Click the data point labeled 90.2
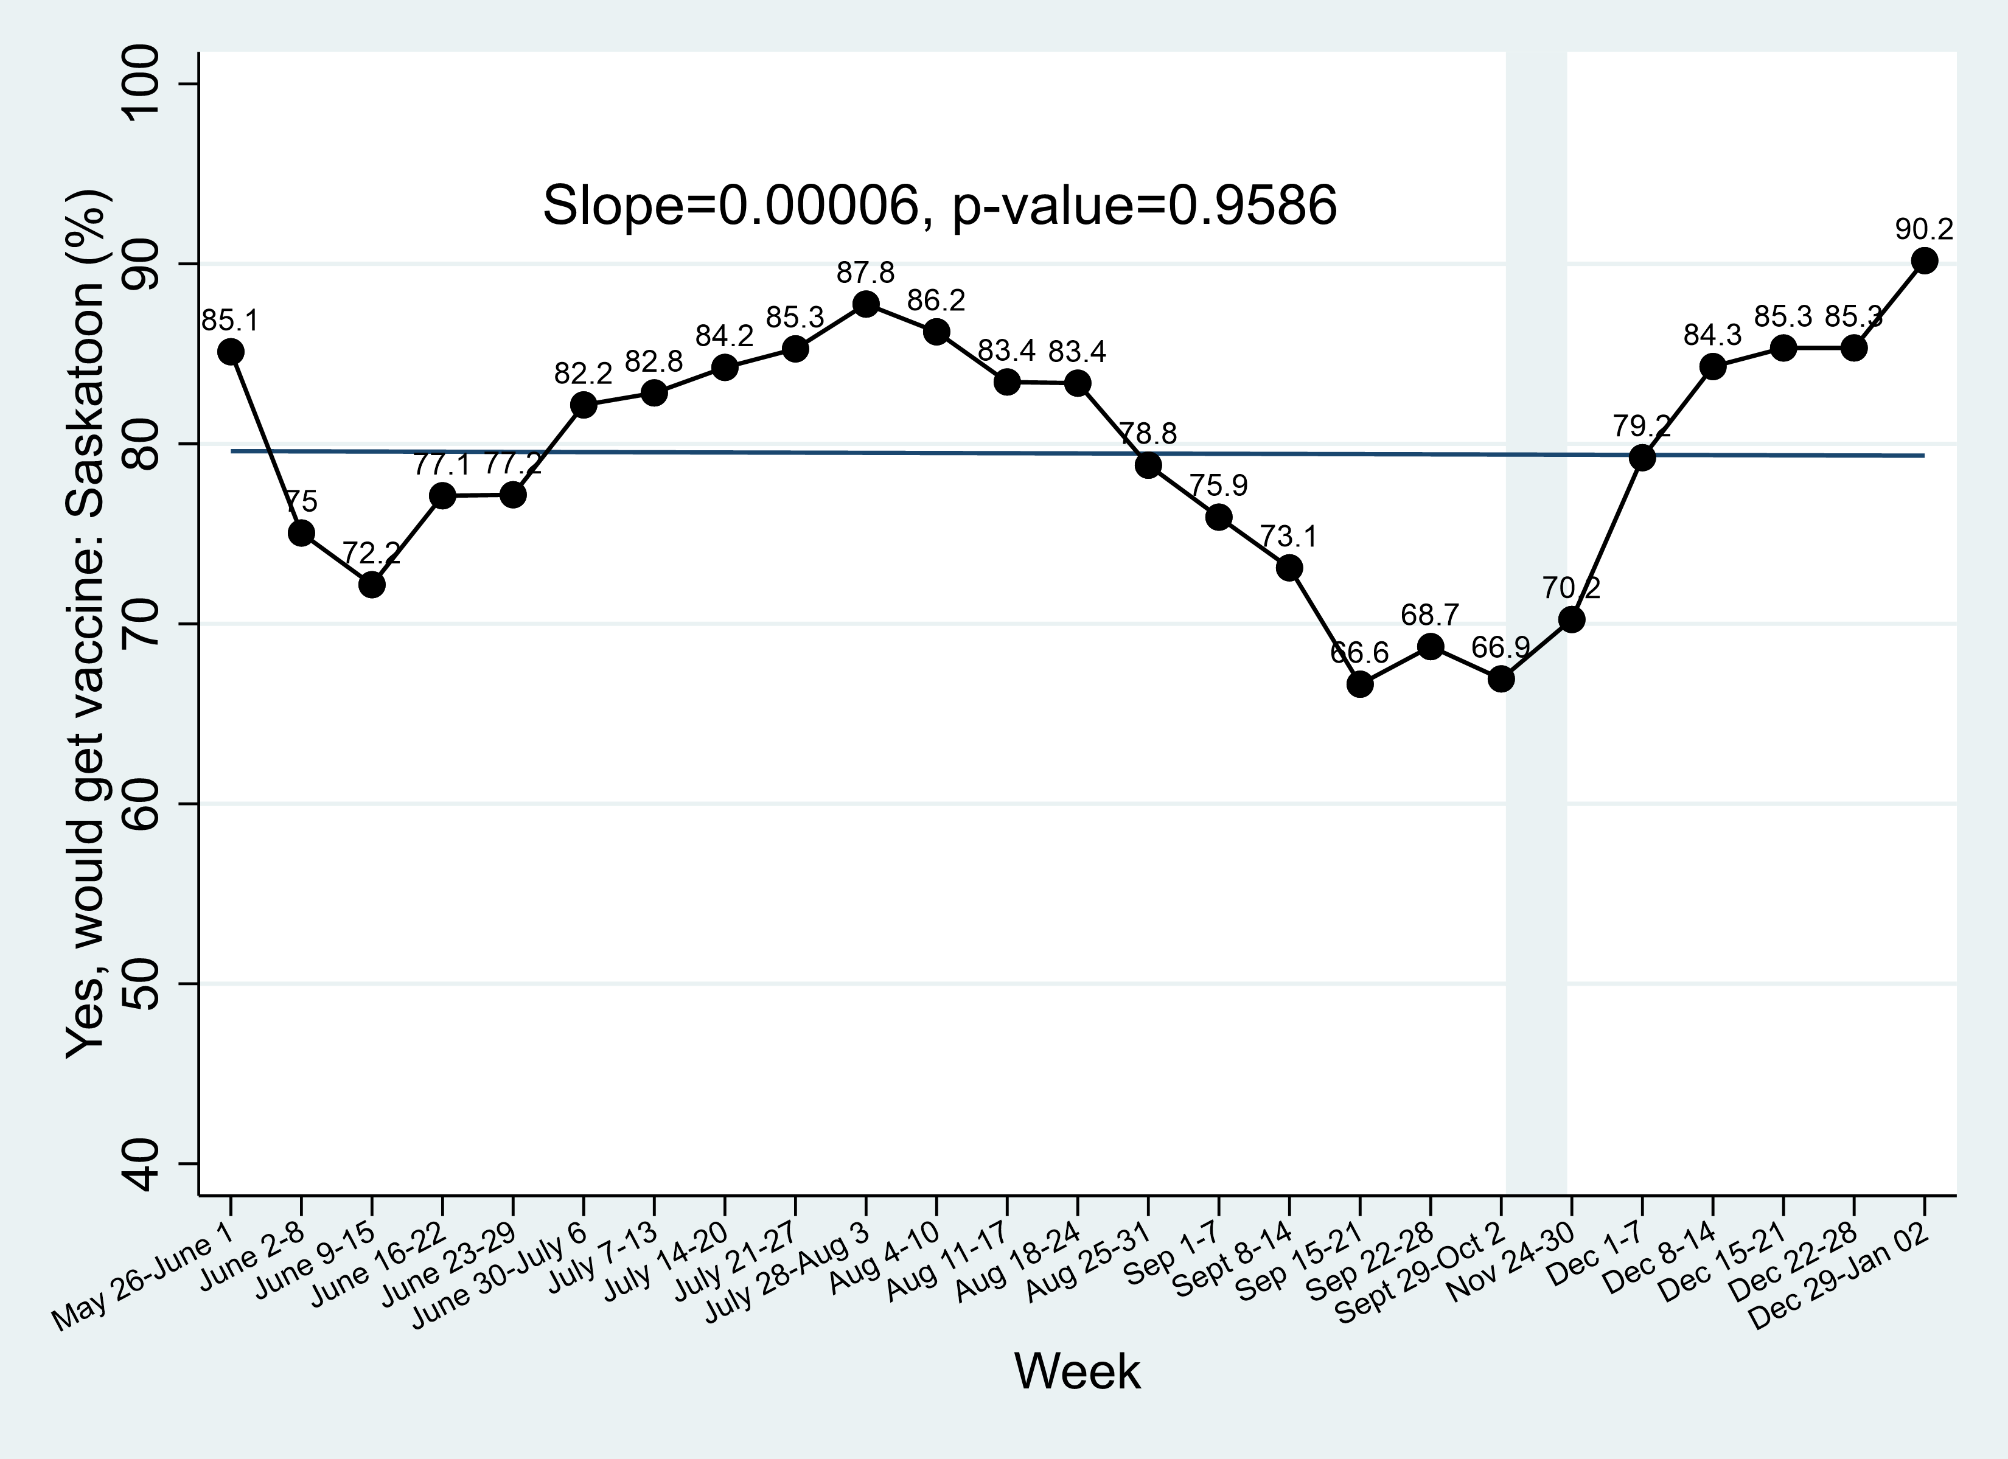pyautogui.click(x=1924, y=260)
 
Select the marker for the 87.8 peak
pyautogui.click(x=866, y=304)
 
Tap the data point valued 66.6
pyautogui.click(x=1360, y=684)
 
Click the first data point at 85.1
pyautogui.click(x=231, y=352)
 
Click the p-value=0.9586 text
pyautogui.click(x=1145, y=206)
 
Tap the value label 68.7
pyautogui.click(x=1430, y=615)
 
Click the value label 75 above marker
pyautogui.click(x=301, y=502)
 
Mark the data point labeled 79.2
pyautogui.click(x=1642, y=458)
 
